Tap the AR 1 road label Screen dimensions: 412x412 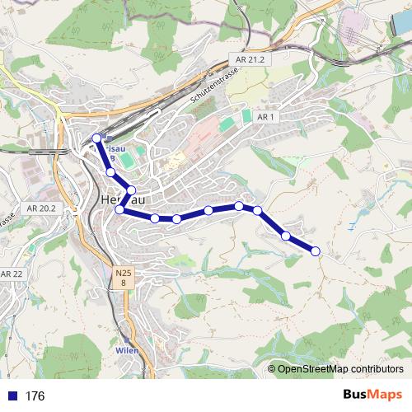point(265,118)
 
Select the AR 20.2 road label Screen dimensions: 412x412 point(40,209)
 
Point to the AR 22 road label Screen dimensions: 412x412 point(12,274)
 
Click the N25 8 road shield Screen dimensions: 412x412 point(123,278)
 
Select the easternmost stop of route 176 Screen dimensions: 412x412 point(315,250)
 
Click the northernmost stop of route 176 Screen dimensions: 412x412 point(97,138)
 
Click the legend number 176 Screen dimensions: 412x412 point(35,396)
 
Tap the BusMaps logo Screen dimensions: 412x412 point(372,395)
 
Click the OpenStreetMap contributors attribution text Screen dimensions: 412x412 point(340,369)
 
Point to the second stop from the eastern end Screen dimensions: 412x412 point(286,236)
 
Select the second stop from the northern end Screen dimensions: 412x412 point(110,172)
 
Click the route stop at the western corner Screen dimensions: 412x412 point(119,210)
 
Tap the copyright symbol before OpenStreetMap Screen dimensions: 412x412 point(272,369)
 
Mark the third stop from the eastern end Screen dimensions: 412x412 point(258,211)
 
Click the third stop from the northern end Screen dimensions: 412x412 point(131,190)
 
